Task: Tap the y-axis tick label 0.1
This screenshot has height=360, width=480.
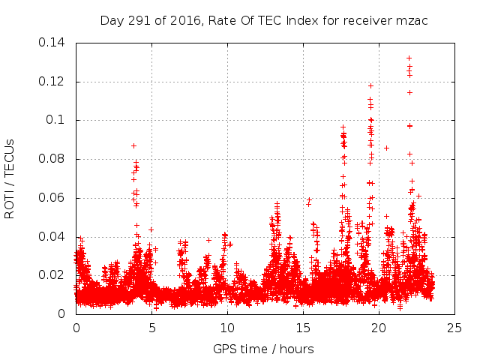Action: pyautogui.click(x=58, y=120)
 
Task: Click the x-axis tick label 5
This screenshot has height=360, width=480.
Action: pyautogui.click(x=151, y=328)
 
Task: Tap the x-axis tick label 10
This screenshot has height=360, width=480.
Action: pyautogui.click(x=227, y=328)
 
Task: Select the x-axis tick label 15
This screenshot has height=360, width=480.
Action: pyautogui.click(x=303, y=328)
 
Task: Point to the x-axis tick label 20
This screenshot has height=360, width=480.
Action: pyautogui.click(x=379, y=328)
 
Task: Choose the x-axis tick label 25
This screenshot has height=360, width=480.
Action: pyautogui.click(x=454, y=328)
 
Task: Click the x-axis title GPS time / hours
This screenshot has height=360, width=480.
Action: pyautogui.click(x=264, y=349)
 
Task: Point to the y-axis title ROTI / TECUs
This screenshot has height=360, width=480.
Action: pyautogui.click(x=10, y=178)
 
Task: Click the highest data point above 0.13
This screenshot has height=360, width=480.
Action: pyautogui.click(x=409, y=58)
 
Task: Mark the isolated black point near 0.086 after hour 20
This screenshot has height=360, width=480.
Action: pyautogui.click(x=386, y=148)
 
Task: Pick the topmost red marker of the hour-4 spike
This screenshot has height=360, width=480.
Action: pyautogui.click(x=133, y=145)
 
